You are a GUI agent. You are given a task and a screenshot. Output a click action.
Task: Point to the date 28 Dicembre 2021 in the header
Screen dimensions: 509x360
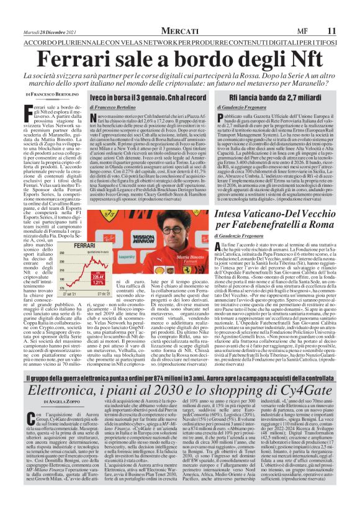coord(50,31)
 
